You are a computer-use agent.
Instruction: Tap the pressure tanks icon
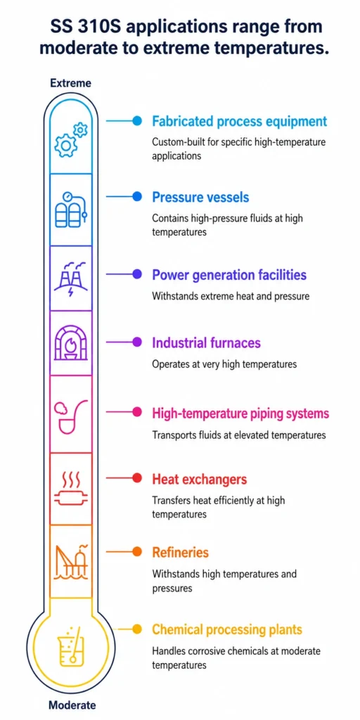[70, 210]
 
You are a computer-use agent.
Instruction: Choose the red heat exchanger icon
[70, 489]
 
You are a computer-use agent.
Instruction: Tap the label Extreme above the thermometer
[70, 83]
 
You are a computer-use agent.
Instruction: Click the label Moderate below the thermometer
[72, 705]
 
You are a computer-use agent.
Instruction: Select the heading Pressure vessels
[200, 198]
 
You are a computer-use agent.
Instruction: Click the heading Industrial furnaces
[206, 342]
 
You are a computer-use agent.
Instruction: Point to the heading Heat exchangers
[199, 480]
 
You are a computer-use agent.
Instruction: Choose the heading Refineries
[180, 552]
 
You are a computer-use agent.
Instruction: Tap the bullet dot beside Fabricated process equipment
[137, 121]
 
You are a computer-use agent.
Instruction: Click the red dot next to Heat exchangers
[137, 478]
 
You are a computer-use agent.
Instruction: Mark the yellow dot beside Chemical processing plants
[137, 629]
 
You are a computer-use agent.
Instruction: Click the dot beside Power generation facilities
[137, 274]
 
